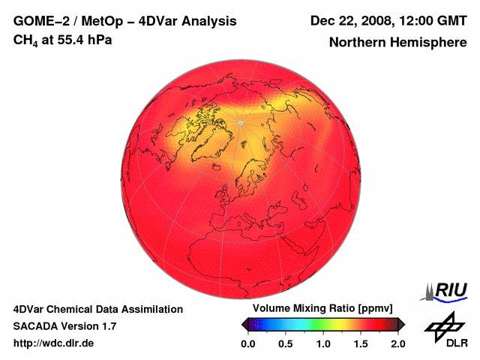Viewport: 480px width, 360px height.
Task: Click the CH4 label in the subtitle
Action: tap(24, 40)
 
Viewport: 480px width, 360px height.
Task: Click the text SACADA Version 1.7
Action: tap(64, 326)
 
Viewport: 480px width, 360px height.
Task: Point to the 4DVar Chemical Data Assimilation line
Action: tap(98, 309)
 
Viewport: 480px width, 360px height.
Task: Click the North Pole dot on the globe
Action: tap(239, 122)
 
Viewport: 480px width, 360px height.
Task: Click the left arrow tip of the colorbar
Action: tap(244, 324)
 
